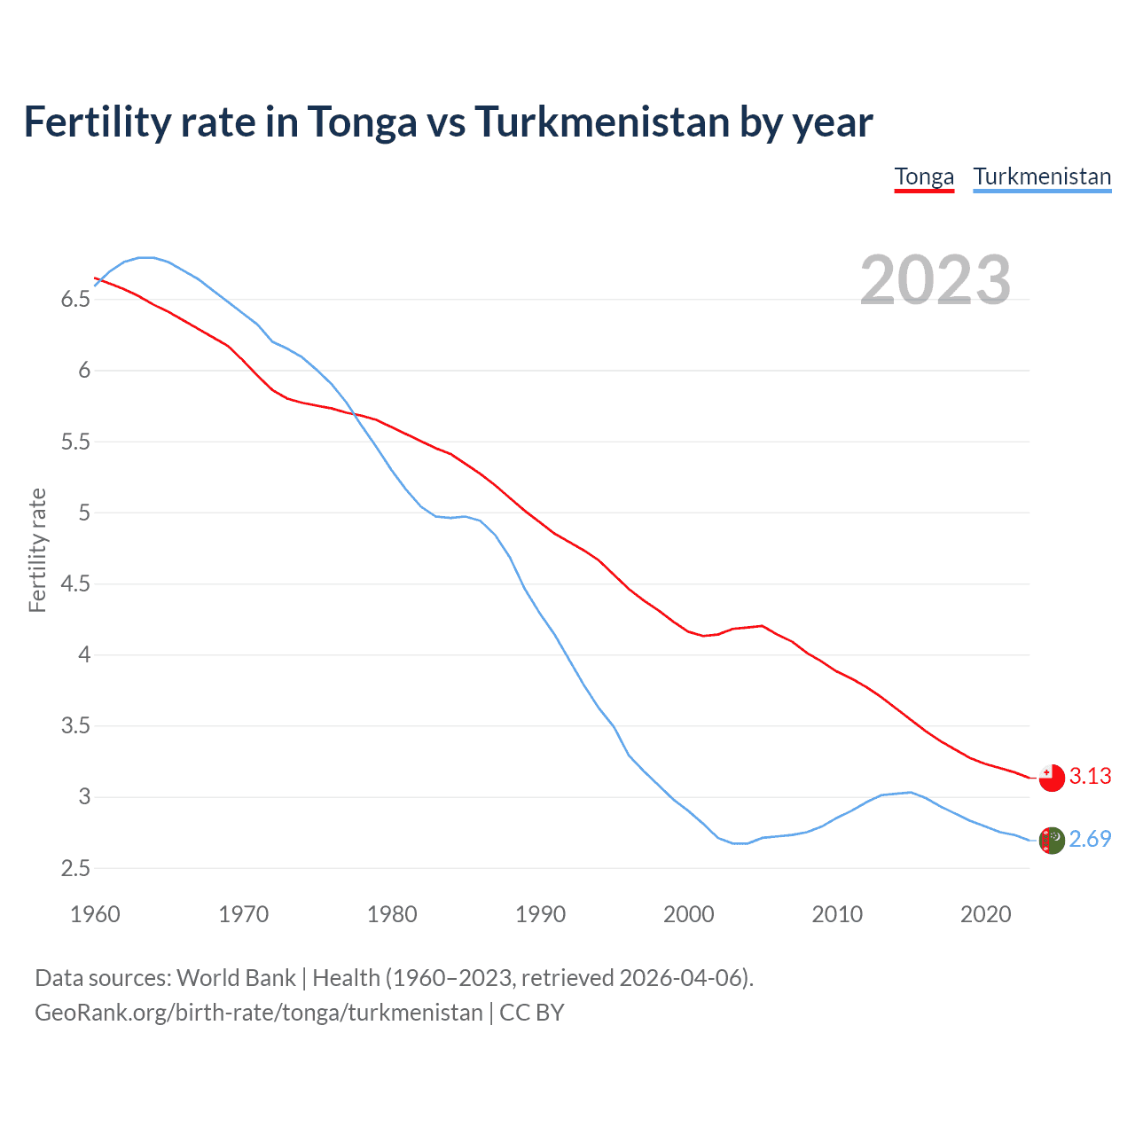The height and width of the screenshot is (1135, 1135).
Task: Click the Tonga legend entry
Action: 924,176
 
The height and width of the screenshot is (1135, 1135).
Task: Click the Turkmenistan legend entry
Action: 1042,176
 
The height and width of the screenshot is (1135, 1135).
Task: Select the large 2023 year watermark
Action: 935,280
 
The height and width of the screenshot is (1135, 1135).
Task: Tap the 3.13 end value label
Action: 1090,777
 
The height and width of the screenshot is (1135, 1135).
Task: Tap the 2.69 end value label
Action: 1090,839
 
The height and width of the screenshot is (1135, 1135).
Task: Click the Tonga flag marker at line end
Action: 1052,778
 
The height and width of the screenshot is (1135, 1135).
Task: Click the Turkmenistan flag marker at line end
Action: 1052,840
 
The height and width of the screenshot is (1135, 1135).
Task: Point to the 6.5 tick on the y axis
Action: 75,300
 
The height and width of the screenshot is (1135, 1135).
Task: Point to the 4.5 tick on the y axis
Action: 75,584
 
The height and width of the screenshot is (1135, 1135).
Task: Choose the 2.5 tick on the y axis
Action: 75,869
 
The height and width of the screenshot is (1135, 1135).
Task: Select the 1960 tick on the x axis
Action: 95,914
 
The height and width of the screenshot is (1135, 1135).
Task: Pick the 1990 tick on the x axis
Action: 540,914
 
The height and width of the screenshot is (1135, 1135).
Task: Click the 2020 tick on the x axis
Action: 985,914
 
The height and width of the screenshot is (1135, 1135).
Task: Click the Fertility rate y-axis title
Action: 37,550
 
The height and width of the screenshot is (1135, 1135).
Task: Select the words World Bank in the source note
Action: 236,978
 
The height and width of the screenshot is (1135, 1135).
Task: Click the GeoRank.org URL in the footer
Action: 258,1013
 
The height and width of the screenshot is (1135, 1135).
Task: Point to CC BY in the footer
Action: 532,1013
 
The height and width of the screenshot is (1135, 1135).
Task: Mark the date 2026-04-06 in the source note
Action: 683,978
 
